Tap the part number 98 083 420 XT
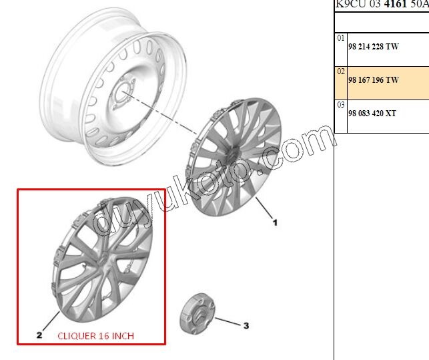point(372,114)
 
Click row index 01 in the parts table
point(341,39)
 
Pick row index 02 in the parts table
point(341,71)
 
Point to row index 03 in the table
point(341,105)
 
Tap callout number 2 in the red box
point(39,335)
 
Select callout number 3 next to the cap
point(246,326)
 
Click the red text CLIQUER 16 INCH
point(95,335)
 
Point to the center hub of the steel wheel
point(124,94)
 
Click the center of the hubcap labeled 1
point(233,155)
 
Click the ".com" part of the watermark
point(300,143)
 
